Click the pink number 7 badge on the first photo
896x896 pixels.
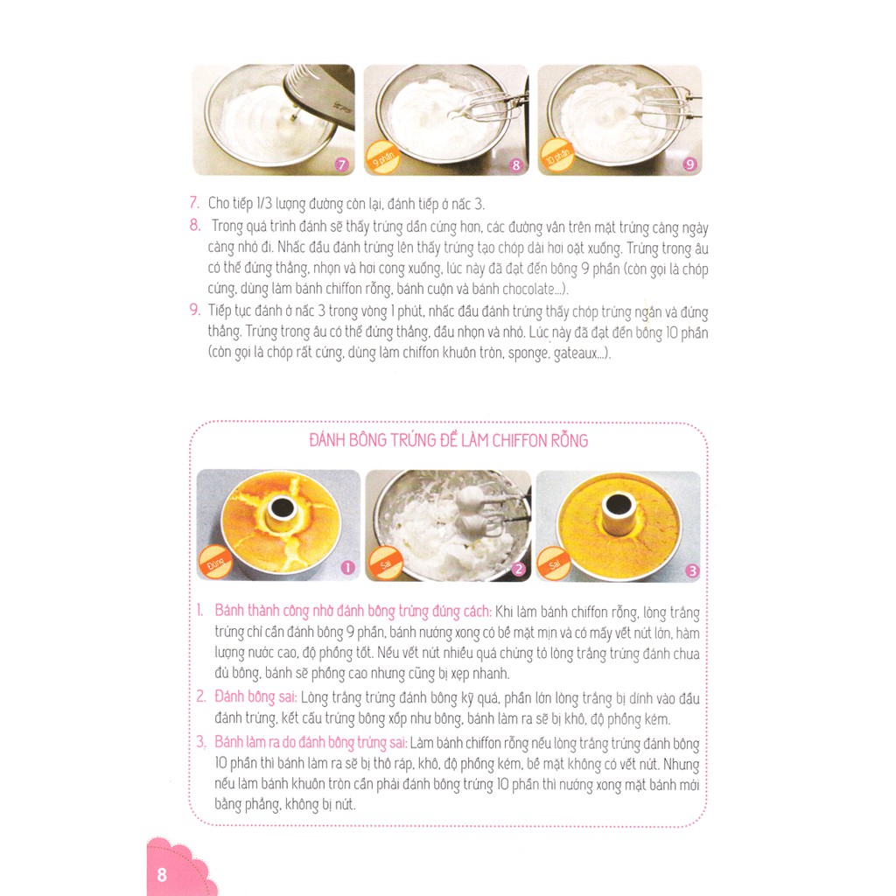pos(341,164)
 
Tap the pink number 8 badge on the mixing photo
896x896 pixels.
pos(516,165)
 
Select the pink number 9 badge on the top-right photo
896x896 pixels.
pos(689,164)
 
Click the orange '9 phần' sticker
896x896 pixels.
pos(383,157)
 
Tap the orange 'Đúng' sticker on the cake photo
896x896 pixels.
pos(215,563)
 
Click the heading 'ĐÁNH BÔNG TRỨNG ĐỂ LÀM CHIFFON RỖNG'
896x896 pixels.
pos(449,441)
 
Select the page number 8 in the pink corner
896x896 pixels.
pos(162,875)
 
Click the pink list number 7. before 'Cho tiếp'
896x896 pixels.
pos(194,203)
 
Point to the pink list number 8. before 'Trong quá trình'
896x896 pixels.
pos(195,225)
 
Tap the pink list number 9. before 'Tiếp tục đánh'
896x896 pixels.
pos(195,311)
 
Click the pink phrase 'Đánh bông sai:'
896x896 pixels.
pos(255,697)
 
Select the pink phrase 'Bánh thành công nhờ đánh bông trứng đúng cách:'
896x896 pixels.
pos(353,612)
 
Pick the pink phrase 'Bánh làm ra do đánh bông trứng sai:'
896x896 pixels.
pos(311,742)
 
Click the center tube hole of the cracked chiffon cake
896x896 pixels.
pos(282,507)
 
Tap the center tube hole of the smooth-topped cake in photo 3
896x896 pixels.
pos(618,506)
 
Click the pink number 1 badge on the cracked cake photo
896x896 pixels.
pos(347,567)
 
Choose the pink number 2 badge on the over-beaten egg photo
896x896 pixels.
pos(518,569)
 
